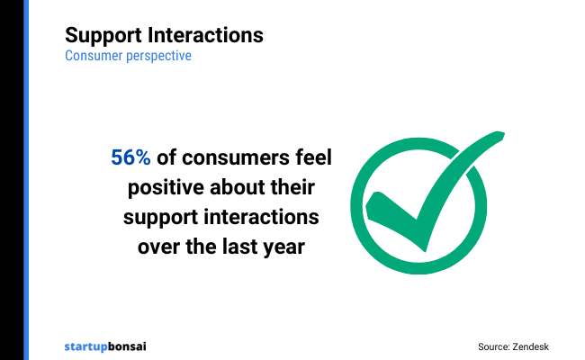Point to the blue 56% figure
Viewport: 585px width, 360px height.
(x=130, y=157)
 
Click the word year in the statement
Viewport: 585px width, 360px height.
(x=285, y=248)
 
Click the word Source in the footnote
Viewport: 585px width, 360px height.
(x=496, y=346)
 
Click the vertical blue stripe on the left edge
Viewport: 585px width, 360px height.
(x=26, y=180)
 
